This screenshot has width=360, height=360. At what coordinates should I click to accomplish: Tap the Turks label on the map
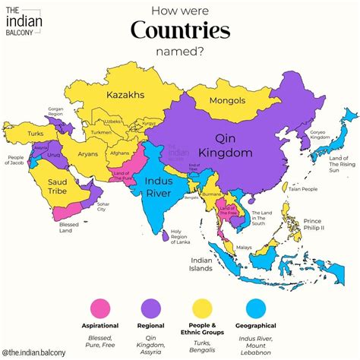point(36,134)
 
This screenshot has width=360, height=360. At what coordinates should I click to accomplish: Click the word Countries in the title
point(180,31)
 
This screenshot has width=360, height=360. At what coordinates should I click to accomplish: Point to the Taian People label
point(304,189)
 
